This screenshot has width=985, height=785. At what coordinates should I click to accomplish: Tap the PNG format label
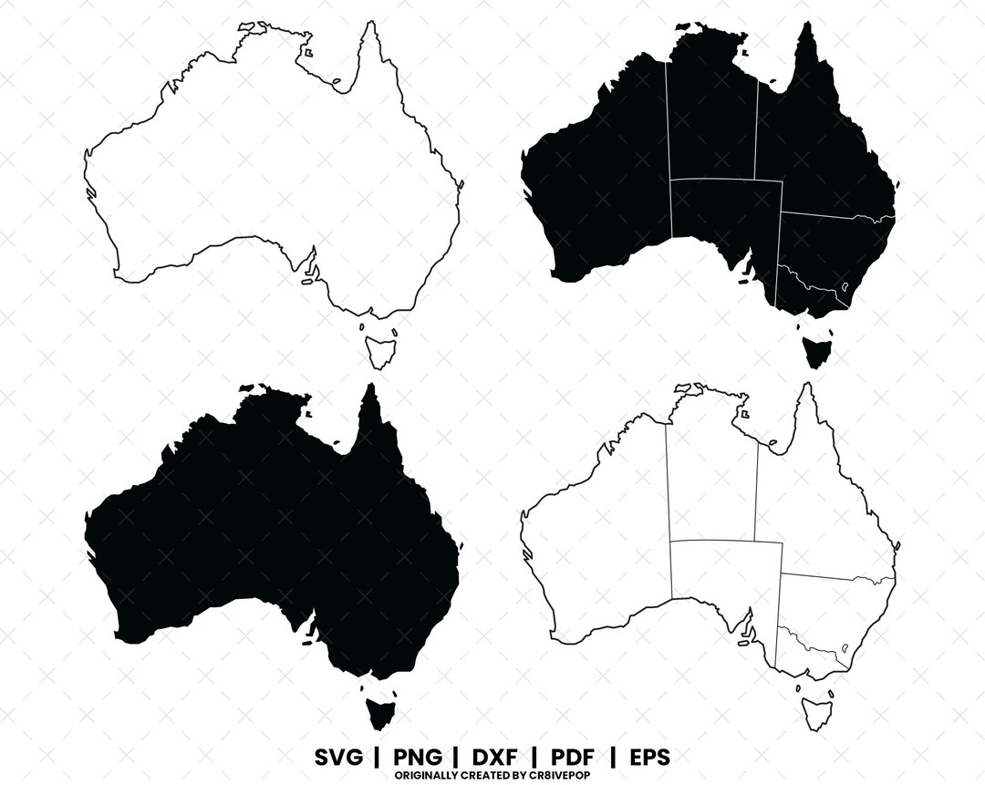click(419, 757)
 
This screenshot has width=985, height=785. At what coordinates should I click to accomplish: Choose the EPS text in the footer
click(649, 757)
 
